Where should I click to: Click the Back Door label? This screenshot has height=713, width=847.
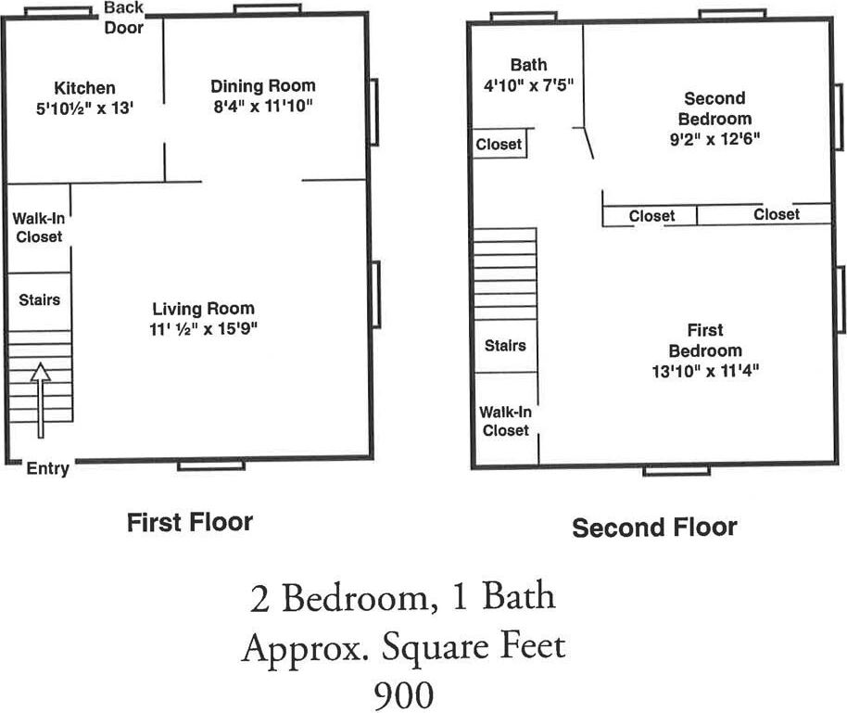(x=123, y=18)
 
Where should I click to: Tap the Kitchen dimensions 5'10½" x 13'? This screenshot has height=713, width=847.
(x=84, y=107)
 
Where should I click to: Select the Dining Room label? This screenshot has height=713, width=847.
(x=262, y=85)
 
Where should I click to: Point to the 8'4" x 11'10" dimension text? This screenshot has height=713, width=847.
(x=262, y=106)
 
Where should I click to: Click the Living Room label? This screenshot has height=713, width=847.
(x=203, y=309)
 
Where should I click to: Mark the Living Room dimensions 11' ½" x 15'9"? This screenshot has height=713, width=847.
(x=203, y=329)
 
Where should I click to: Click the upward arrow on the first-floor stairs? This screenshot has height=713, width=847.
(x=40, y=400)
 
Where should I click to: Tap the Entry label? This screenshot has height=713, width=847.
(x=47, y=468)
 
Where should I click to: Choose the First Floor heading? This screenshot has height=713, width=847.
(x=189, y=522)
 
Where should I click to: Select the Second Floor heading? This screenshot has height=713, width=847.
(x=654, y=528)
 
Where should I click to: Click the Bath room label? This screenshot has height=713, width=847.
(x=528, y=65)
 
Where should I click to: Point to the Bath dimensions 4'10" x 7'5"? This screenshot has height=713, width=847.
(x=528, y=85)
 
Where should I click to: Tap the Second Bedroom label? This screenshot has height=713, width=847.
(x=714, y=108)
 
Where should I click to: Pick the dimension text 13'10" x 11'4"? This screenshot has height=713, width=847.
(x=705, y=371)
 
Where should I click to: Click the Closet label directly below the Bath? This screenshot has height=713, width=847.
(x=499, y=145)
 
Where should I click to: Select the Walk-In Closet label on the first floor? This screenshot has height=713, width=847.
(x=37, y=228)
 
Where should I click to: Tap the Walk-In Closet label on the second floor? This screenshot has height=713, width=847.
(x=505, y=421)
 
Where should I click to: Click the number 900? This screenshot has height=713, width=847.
(x=403, y=694)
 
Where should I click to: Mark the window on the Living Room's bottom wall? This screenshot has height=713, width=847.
(x=210, y=465)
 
